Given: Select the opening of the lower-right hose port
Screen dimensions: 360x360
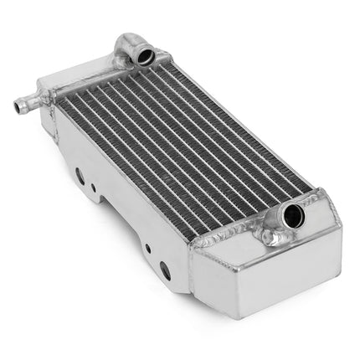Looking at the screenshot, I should (293, 216).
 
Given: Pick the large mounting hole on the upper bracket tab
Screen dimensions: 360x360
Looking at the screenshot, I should (80, 175).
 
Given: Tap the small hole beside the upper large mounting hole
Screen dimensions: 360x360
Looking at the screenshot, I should (93, 188).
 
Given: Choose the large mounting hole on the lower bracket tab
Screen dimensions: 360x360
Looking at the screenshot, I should (165, 270).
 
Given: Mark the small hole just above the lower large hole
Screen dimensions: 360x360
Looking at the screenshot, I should (147, 249).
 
